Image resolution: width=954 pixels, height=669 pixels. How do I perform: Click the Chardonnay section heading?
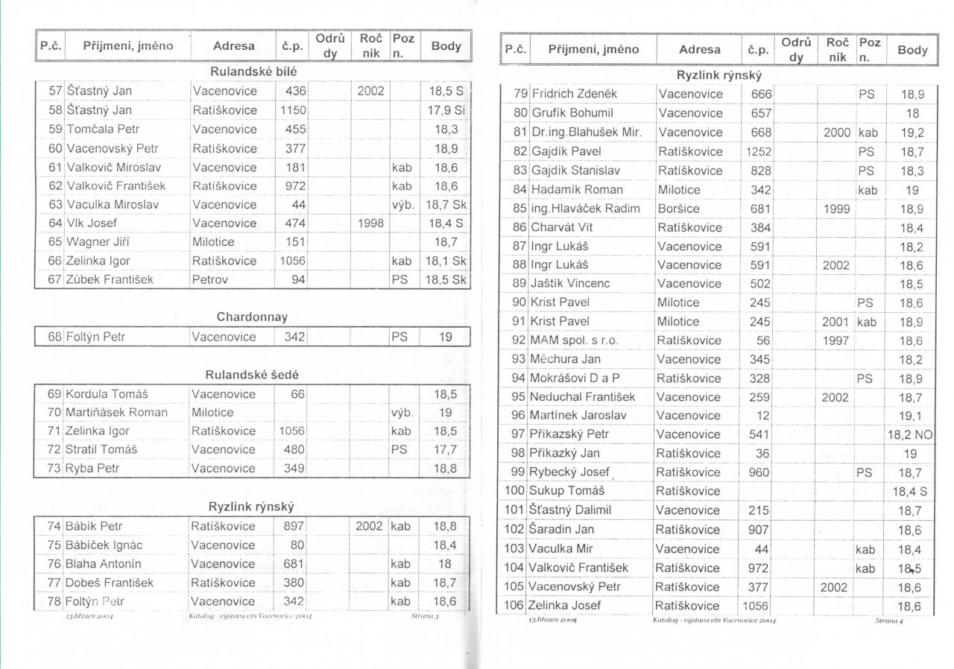(x=252, y=317)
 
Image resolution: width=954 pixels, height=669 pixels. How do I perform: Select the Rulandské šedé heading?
(x=252, y=375)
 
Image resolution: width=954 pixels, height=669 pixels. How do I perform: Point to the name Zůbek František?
(x=110, y=280)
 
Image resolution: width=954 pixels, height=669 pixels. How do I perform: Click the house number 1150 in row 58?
(x=292, y=110)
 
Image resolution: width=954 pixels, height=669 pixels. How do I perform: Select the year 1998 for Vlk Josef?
(x=370, y=223)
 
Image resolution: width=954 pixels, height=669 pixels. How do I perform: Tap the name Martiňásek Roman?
(x=117, y=412)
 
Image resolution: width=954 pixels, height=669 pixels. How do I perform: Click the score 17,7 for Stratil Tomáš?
(x=446, y=450)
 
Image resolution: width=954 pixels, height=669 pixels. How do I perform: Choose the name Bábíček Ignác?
(x=104, y=545)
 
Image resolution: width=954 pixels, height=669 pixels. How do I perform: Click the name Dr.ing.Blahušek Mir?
(x=586, y=133)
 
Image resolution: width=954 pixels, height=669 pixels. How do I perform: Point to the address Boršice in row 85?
(x=679, y=209)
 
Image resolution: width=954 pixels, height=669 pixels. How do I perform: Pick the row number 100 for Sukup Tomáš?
(x=515, y=491)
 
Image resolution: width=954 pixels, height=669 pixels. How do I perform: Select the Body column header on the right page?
(x=912, y=51)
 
